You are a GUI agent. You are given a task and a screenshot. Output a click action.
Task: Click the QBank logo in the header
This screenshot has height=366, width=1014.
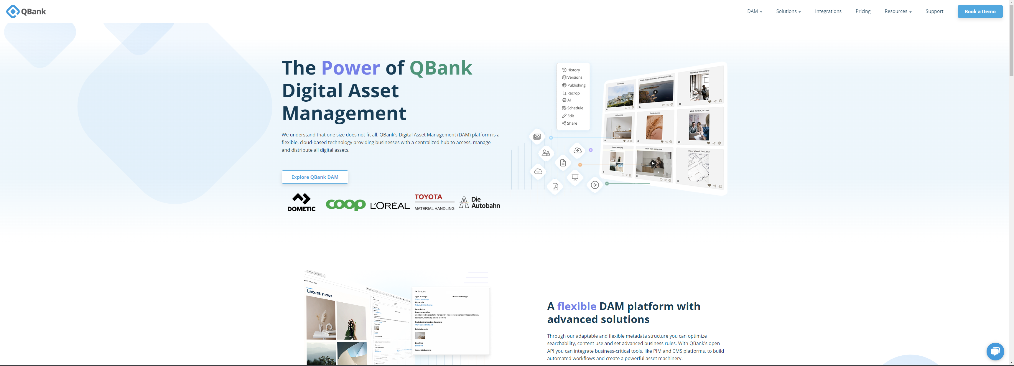pos(26,11)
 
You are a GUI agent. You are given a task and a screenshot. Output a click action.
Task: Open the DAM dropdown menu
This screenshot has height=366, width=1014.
pos(754,11)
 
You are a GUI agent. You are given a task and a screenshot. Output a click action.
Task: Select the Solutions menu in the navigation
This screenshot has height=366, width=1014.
pos(788,11)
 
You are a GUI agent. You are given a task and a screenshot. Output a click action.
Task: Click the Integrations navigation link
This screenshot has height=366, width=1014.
pos(828,11)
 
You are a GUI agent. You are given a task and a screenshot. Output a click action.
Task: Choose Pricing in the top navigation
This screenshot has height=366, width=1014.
pos(863,11)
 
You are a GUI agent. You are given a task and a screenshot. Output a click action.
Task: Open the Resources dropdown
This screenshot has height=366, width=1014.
pos(898,11)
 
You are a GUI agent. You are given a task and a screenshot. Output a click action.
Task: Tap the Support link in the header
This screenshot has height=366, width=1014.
pos(934,11)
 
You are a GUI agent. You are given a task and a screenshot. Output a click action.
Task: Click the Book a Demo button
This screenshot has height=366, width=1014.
pos(980,11)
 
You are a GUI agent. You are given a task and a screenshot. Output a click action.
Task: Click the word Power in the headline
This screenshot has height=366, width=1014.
pos(350,68)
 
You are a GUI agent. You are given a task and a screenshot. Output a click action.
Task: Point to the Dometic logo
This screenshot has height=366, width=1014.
pos(301,202)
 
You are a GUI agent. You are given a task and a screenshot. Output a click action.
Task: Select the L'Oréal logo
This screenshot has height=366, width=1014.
pos(390,205)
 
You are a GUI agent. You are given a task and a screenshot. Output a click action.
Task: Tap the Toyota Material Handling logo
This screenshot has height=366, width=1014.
pos(434,202)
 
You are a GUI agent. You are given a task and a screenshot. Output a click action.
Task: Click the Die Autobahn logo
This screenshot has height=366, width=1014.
pos(480,202)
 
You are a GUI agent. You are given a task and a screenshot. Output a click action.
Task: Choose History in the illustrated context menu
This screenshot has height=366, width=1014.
pos(573,70)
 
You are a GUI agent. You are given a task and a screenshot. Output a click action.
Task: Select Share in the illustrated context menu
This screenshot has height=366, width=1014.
pos(572,123)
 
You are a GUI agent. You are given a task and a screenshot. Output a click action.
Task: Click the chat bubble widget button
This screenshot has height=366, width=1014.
pos(995,351)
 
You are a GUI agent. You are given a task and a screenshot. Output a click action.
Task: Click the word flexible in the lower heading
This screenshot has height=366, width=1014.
pos(576,306)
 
